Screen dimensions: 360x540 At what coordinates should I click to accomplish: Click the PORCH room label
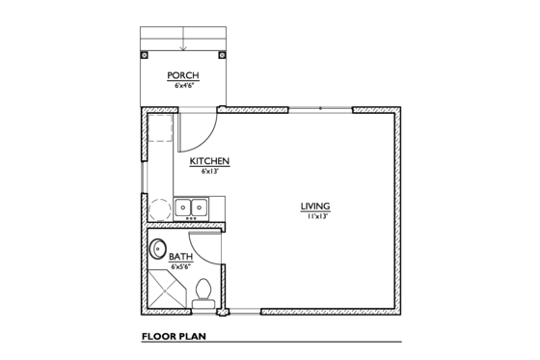pos(183,75)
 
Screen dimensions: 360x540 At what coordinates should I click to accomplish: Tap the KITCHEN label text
pos(208,161)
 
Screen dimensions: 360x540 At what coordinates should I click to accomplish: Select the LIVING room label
pos(315,207)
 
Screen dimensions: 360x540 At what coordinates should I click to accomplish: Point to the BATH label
pos(181,258)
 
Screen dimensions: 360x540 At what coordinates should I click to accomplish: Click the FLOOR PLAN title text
pos(175,338)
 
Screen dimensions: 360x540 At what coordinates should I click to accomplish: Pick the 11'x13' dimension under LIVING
pos(315,217)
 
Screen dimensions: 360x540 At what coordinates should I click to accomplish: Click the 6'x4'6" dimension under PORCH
pos(183,85)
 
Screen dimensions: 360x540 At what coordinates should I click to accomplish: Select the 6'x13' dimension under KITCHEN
pos(208,172)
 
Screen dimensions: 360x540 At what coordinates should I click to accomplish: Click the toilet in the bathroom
pos(203,291)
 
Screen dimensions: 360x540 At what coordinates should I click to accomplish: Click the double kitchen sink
pos(191,207)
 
